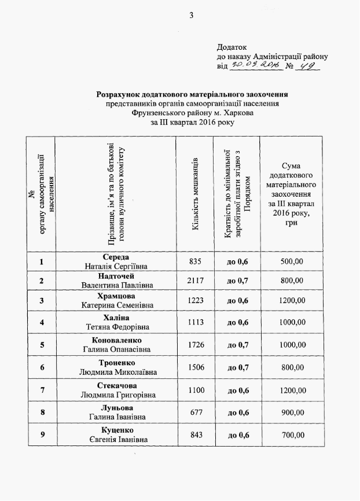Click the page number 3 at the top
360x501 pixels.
click(190, 15)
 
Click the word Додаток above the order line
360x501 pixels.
click(232, 47)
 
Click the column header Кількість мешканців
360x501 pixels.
click(196, 194)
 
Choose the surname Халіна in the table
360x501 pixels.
click(116, 318)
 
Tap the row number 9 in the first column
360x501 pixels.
click(42, 435)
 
